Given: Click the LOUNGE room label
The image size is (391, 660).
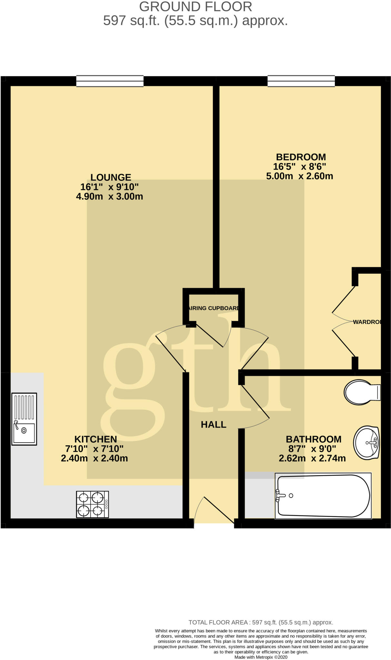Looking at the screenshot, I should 111,177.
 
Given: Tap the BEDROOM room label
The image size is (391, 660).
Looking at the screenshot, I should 301,157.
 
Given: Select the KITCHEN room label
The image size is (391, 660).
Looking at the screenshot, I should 95,439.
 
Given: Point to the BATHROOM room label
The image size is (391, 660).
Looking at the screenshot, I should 313,439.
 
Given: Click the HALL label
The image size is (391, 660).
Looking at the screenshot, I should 214,424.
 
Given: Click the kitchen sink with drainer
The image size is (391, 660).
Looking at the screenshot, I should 24,419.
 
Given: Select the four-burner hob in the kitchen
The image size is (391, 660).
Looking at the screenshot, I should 92,504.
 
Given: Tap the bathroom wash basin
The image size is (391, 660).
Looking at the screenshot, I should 366,442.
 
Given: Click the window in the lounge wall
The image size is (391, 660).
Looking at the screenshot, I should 110,81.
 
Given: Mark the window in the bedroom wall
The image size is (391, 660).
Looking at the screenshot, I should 301,81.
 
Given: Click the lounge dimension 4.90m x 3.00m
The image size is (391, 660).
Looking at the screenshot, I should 110,196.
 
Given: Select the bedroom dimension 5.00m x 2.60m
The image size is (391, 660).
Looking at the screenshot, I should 299,176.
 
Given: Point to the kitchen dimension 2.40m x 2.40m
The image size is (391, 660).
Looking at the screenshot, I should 95,458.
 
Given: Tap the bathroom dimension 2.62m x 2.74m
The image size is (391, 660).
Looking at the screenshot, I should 312,458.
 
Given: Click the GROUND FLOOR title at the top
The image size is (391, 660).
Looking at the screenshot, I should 195,7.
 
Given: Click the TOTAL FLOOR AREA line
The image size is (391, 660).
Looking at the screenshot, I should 261,622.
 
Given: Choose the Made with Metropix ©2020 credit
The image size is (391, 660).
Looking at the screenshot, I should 261,657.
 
